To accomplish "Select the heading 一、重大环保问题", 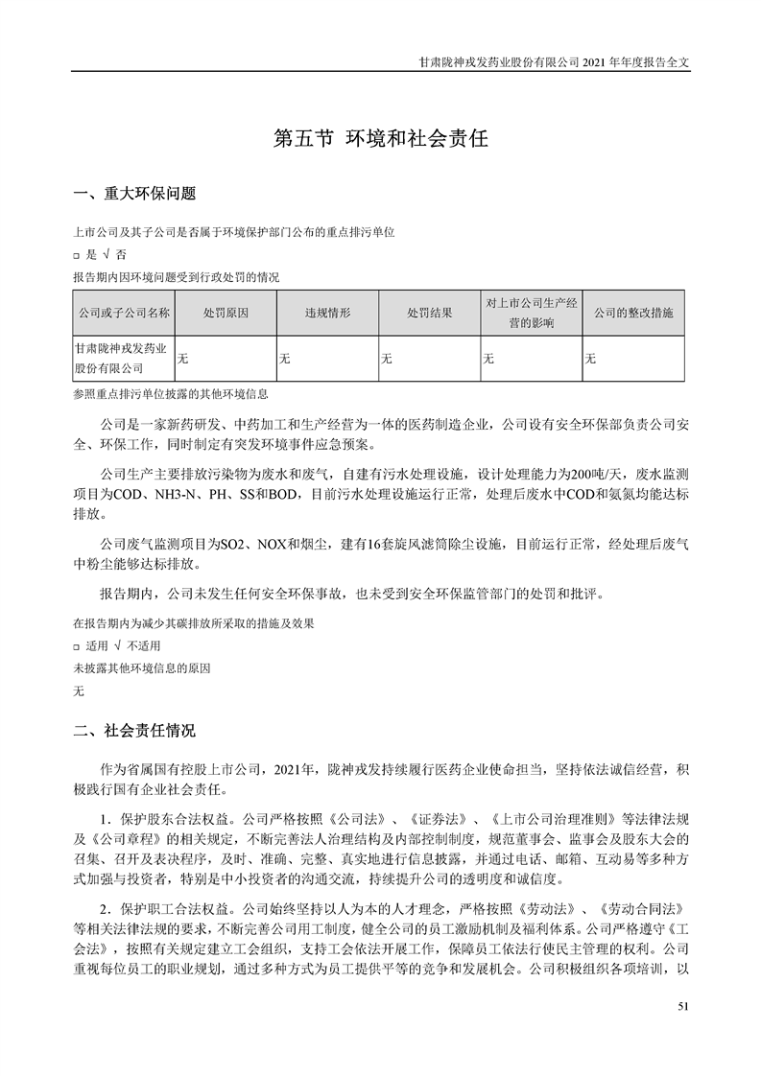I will pos(134,195).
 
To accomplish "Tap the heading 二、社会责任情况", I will pos(134,732).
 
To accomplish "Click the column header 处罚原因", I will pos(226,313).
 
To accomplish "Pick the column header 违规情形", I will pos(328,313).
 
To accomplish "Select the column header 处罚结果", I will pos(430,313).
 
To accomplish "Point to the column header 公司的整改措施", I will pos(633,313).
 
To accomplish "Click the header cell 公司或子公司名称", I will pos(124,313).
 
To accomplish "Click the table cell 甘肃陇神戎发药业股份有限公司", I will pos(124,359).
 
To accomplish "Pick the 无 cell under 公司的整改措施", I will pos(590,359).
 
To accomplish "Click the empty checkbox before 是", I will pos(77,255).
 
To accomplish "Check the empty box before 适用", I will pos(77,645).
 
